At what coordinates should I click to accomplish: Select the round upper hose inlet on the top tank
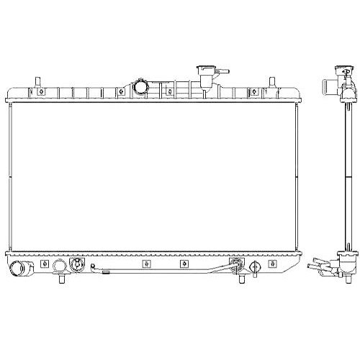[141, 88]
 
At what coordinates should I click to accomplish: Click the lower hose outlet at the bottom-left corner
[24, 271]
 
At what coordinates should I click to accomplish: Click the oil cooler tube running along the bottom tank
[158, 274]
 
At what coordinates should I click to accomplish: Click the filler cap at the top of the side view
[338, 71]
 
